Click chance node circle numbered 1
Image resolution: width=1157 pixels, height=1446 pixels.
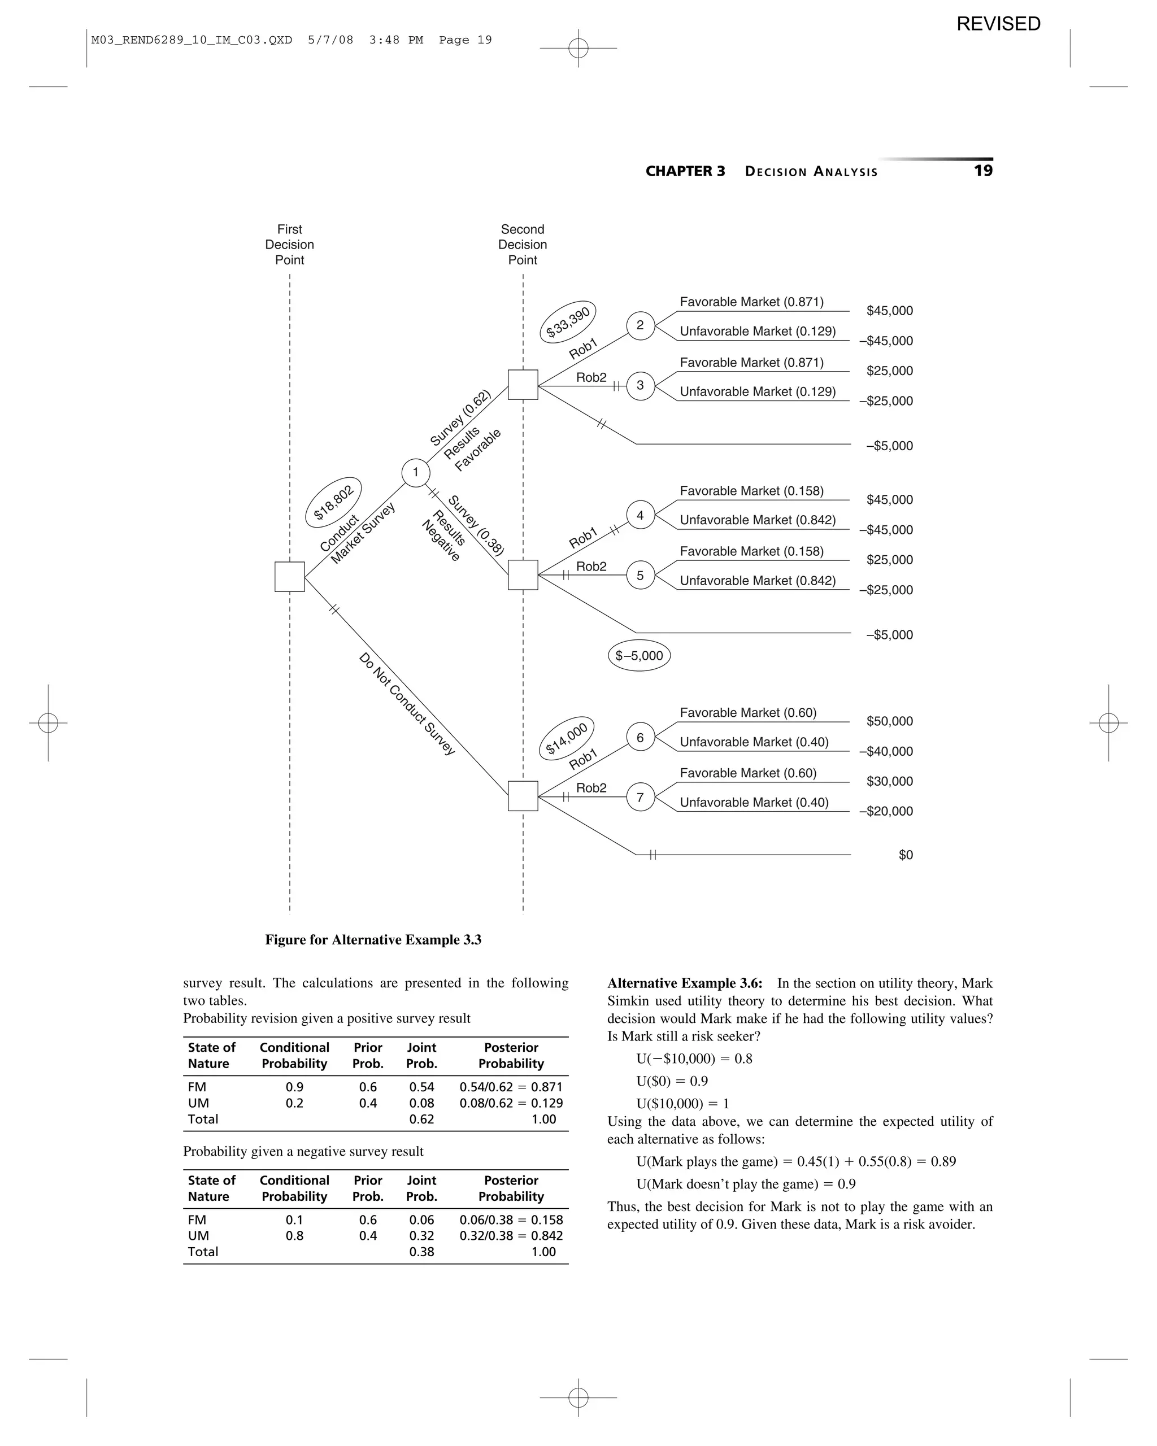(415, 472)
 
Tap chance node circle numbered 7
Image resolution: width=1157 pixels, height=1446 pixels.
(640, 797)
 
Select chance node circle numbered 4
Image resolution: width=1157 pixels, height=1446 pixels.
(640, 515)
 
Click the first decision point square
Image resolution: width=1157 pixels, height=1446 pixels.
(290, 577)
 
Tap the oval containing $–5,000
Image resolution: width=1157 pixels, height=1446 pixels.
(639, 655)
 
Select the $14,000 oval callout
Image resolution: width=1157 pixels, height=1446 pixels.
(567, 738)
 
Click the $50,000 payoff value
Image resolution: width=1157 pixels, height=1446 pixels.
(889, 721)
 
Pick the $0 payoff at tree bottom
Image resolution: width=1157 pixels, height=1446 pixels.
(906, 855)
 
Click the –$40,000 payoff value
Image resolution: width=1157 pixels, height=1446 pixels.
(886, 751)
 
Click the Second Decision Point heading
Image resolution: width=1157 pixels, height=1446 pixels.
(523, 245)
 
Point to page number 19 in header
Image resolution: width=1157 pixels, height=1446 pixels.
(982, 171)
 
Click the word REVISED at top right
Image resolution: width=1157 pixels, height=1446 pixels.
(998, 24)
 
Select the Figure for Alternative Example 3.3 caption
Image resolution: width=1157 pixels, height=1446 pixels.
(373, 940)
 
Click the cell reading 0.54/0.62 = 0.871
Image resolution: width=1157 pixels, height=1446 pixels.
(511, 1087)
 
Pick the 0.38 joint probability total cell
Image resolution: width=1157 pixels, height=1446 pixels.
(421, 1252)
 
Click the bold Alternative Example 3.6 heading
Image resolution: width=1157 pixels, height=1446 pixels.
(684, 983)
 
